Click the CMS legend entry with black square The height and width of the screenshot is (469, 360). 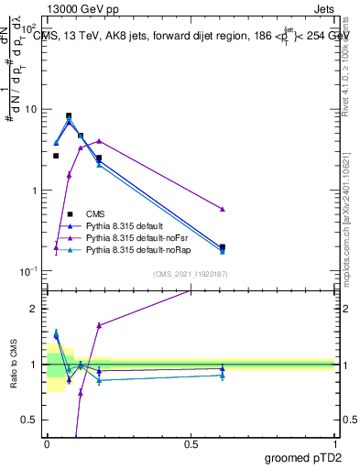click(x=95, y=213)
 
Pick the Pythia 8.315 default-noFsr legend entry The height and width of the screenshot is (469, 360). click(x=133, y=237)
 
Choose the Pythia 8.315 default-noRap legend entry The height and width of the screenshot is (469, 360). click(x=134, y=249)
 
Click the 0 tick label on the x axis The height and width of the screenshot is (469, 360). click(x=47, y=442)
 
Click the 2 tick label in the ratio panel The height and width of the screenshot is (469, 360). click(x=34, y=309)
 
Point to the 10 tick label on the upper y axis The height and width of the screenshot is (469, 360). click(x=29, y=109)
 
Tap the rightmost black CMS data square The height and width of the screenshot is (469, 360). click(x=223, y=246)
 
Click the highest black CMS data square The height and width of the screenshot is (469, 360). click(x=69, y=116)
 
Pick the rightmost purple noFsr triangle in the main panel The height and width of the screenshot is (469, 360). click(x=223, y=210)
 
